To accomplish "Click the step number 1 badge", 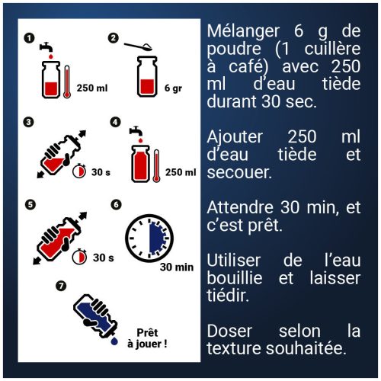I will point(29,37).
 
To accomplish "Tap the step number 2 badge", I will point(114,37).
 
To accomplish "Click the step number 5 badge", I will point(29,204).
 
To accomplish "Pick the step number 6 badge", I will point(116,204).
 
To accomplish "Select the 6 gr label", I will point(172,88).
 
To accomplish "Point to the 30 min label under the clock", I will point(176,267).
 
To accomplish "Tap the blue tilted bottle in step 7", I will point(93,317).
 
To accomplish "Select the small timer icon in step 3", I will point(79,171).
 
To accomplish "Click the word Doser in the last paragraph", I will point(229,331).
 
